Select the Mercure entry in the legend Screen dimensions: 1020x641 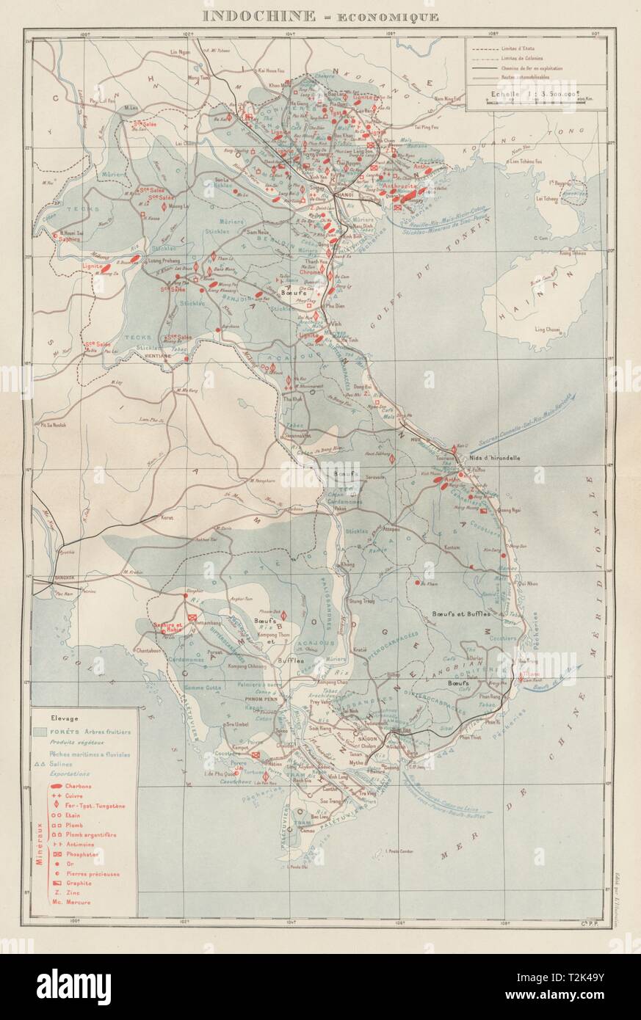[76, 902]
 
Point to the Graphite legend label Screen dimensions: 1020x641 [78, 883]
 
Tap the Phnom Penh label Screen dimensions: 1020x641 [258, 699]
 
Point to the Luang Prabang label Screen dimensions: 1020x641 [165, 261]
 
